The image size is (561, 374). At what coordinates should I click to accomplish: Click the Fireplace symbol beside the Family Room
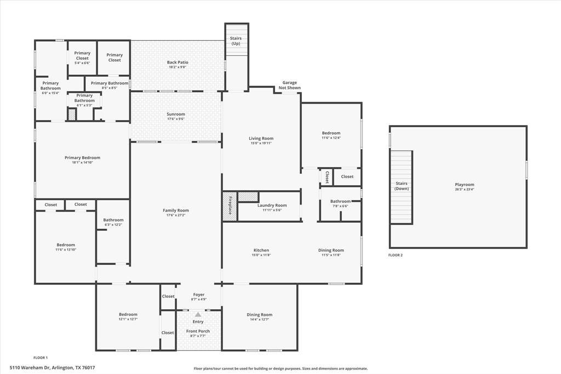(x=230, y=207)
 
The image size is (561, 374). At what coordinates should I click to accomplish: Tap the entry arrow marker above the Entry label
(x=198, y=314)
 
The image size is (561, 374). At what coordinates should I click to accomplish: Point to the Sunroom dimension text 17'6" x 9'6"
(x=176, y=119)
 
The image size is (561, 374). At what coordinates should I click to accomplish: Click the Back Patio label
(x=178, y=63)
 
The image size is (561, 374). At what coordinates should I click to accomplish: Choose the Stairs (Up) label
(x=236, y=41)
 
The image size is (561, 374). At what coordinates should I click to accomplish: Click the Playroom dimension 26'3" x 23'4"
(x=464, y=189)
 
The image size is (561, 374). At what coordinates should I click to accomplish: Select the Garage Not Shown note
(x=289, y=85)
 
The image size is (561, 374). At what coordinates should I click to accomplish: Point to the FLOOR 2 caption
(x=395, y=255)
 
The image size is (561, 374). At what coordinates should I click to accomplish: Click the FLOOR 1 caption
(x=41, y=358)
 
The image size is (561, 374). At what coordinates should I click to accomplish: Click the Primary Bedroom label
(x=82, y=157)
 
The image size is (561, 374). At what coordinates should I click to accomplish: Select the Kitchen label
(x=261, y=250)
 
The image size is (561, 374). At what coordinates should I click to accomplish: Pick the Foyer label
(x=198, y=294)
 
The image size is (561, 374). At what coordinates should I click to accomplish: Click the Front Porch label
(x=198, y=331)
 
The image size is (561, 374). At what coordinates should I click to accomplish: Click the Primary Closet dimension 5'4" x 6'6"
(x=82, y=63)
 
